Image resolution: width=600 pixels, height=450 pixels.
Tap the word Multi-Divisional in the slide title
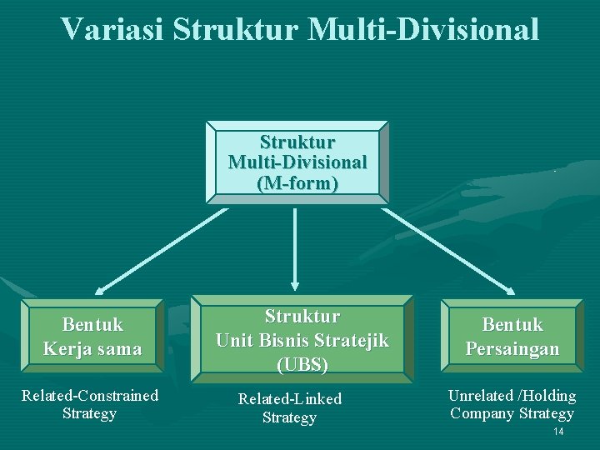pyautogui.click(x=423, y=29)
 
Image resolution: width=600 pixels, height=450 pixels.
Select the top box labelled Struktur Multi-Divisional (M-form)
pyautogui.click(x=297, y=162)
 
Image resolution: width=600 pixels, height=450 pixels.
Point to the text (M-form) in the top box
pyautogui.click(x=297, y=182)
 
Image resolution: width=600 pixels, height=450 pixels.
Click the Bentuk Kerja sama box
pyautogui.click(x=92, y=336)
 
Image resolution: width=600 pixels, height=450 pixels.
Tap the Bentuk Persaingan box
pyautogui.click(x=512, y=336)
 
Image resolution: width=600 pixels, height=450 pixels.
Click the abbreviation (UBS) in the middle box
pyautogui.click(x=302, y=364)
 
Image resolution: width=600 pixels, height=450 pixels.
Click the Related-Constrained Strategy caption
pyautogui.click(x=89, y=404)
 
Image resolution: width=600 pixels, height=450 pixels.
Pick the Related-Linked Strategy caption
pyautogui.click(x=289, y=408)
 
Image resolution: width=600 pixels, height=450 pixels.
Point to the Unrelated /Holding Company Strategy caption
pyautogui.click(x=512, y=404)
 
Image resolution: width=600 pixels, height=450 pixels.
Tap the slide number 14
pyautogui.click(x=558, y=432)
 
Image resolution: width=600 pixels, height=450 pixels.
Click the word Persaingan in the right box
pyautogui.click(x=512, y=348)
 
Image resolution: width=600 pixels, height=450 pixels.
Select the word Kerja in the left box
pyautogui.click(x=67, y=348)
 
